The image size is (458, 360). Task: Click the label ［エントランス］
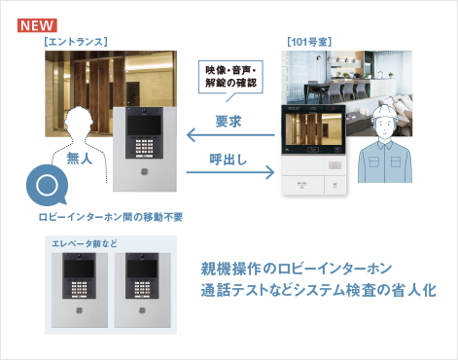[75, 41]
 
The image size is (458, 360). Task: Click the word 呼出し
[230, 158]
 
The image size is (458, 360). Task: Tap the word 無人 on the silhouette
[79, 158]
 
